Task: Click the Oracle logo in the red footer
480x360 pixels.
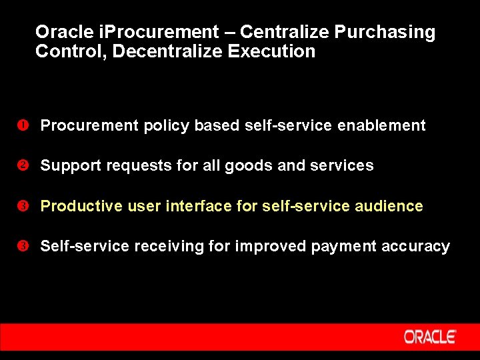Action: point(429,337)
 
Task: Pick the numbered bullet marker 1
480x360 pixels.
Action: point(23,125)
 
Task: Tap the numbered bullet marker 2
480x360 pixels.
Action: point(23,165)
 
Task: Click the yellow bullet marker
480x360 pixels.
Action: point(23,206)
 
